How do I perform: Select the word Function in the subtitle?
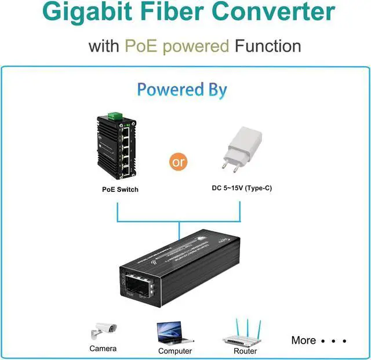pos(268,46)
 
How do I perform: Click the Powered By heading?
pos(182,90)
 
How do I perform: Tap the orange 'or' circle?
pos(179,162)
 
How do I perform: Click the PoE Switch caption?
pos(120,190)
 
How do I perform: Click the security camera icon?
pos(103,332)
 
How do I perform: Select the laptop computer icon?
pos(174,333)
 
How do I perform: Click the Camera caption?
pos(103,348)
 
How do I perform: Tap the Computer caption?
pos(175,351)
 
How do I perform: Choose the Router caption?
pos(245,351)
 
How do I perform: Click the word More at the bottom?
pos(303,340)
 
